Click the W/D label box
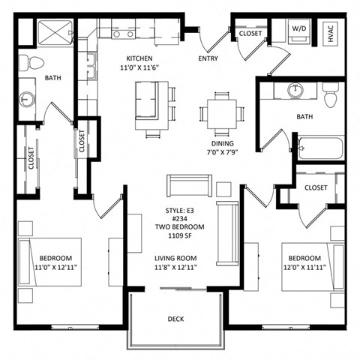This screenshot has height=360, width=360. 298,31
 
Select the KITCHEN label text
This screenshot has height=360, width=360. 139,58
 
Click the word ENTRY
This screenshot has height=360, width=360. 208,58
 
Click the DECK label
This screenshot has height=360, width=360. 175,319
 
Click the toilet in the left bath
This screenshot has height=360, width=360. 26,61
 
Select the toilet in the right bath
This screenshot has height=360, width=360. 331,94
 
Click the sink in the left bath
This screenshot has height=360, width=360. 28,98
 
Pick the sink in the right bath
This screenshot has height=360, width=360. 295,90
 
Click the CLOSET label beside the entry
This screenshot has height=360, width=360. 250,34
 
